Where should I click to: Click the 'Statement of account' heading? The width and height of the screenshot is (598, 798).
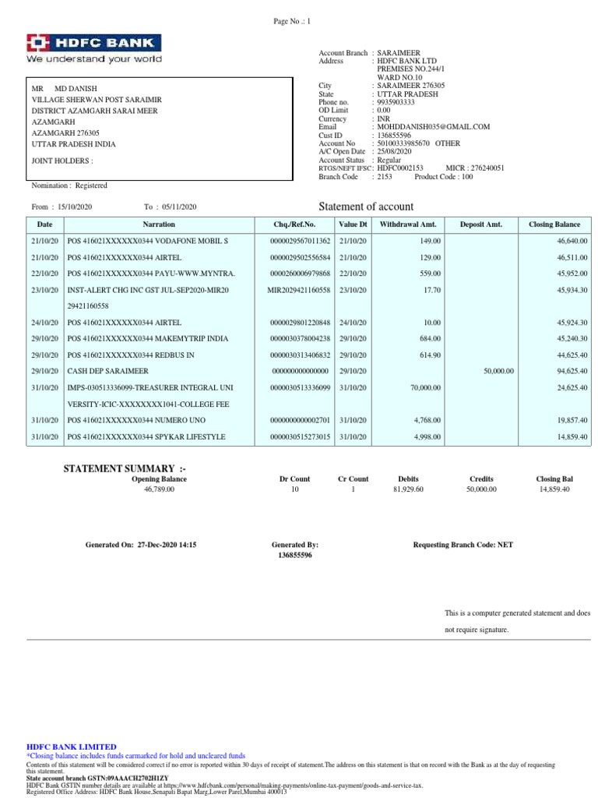367,207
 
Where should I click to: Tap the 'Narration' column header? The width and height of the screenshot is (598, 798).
164,224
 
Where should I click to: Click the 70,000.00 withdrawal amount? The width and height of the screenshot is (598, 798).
424,387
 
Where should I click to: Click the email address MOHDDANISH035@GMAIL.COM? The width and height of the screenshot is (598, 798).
433,126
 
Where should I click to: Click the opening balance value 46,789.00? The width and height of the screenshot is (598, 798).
159,489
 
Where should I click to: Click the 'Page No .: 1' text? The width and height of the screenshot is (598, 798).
294,21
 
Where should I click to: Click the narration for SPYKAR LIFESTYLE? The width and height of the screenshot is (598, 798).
146,437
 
